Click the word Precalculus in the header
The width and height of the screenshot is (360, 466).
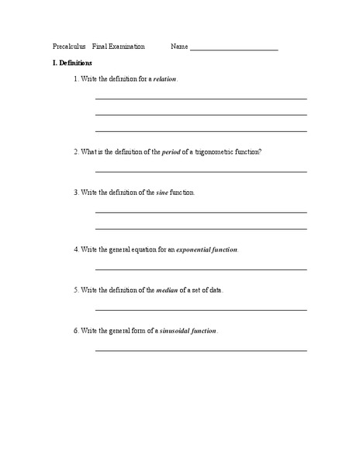click(69, 47)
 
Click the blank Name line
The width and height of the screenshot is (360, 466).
click(234, 49)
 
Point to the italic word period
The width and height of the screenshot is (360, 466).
click(171, 151)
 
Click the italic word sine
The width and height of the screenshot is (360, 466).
click(163, 192)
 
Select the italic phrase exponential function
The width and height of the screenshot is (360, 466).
click(207, 249)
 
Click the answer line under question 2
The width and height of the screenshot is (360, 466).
click(200, 171)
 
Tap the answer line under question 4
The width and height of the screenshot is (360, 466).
click(200, 269)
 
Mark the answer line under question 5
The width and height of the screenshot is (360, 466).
click(200, 309)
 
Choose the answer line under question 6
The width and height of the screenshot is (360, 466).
click(200, 350)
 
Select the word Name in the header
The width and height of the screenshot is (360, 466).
click(178, 47)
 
